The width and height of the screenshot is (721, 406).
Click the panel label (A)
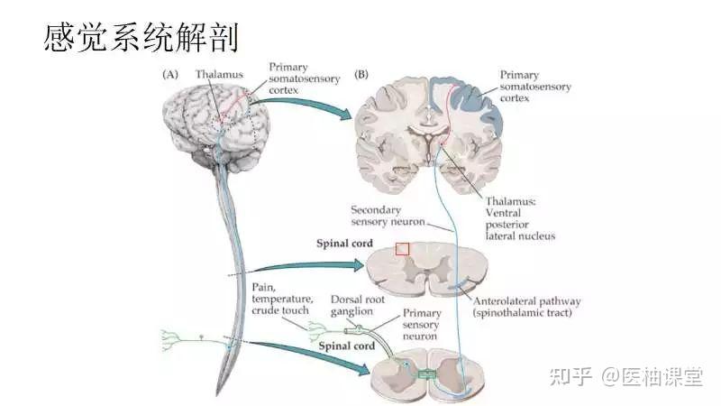169,75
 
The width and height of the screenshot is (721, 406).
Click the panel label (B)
365,75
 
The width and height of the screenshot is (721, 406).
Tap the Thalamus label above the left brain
220,75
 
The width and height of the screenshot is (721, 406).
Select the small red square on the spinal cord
402,248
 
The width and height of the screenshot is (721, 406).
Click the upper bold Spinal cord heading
342,244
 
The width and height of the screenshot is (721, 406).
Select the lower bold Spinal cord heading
342,346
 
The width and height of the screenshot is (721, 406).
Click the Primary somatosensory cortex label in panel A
304,79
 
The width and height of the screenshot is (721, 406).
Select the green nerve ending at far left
169,339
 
